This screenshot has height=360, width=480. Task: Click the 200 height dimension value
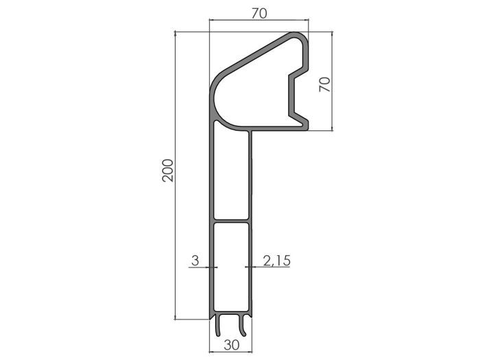pos(168,171)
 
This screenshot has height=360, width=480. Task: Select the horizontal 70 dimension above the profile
pos(259,13)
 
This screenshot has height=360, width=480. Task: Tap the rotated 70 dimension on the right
pos(326,84)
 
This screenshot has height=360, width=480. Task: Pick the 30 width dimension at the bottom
pos(232,345)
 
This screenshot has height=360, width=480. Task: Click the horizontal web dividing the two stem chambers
pos(231,221)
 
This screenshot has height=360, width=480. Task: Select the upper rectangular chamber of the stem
pos(231,175)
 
